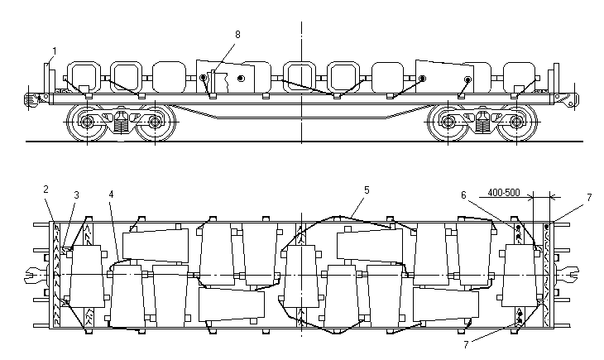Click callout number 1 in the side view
click(53, 50)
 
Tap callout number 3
click(76, 194)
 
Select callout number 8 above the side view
click(237, 34)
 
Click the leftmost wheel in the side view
click(86, 123)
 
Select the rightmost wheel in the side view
click(517, 123)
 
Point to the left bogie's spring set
click(121, 123)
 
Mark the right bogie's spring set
click(483, 123)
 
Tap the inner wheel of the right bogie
click(449, 123)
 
